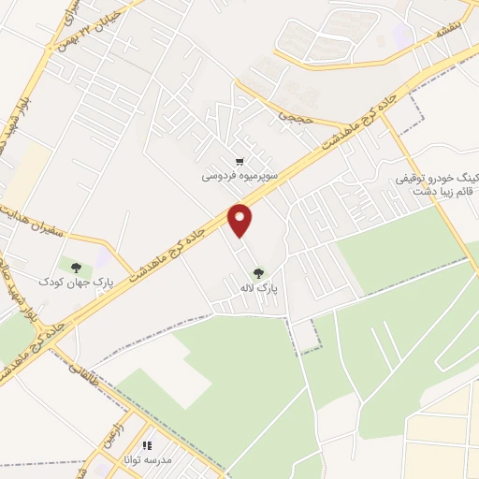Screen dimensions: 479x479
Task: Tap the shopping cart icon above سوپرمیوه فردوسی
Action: click(242, 161)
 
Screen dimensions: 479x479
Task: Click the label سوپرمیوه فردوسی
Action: click(238, 175)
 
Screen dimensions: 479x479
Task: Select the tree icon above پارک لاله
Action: click(258, 272)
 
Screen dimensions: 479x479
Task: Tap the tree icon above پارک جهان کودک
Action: click(76, 267)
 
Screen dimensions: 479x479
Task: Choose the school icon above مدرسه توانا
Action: click(146, 445)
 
